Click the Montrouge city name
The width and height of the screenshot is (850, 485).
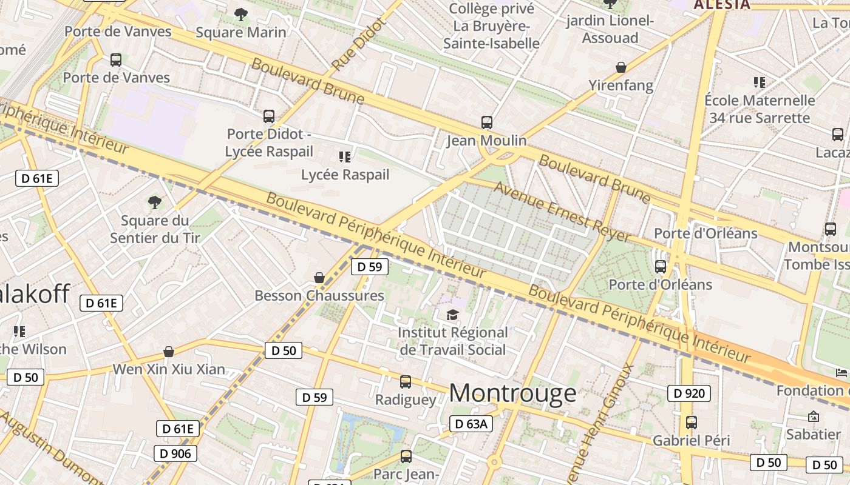point(512,393)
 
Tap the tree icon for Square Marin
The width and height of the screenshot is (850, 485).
point(241,14)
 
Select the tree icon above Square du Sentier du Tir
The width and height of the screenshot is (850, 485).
point(155,202)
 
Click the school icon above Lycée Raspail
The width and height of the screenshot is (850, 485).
point(345,157)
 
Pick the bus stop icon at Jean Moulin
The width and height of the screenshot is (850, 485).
point(487,122)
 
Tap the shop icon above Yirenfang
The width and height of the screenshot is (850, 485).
point(620,67)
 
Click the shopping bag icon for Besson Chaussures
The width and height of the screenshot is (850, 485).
point(319,278)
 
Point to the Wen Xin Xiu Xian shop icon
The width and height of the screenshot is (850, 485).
point(169,352)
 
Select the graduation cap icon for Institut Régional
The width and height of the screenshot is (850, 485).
point(452,315)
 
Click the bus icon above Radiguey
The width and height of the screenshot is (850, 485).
point(406,382)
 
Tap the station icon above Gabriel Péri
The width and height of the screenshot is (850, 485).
point(691,423)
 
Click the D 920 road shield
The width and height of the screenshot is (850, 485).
point(689,393)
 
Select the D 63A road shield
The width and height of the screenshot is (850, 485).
point(471,424)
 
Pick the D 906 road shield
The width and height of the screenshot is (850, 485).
point(175,453)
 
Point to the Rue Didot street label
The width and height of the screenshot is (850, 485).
point(359,44)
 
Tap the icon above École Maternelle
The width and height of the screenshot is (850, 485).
point(759,82)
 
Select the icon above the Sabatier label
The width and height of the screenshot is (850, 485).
point(813,416)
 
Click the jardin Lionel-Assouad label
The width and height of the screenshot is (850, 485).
point(610,29)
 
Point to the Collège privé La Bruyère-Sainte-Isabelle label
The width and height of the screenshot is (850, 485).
point(491,26)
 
